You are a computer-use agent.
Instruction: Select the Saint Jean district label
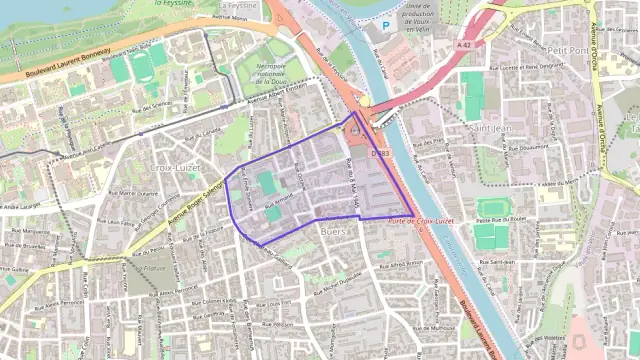click(492, 127)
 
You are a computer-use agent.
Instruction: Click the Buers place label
click(332, 232)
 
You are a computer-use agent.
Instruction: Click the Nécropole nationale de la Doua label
click(273, 72)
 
